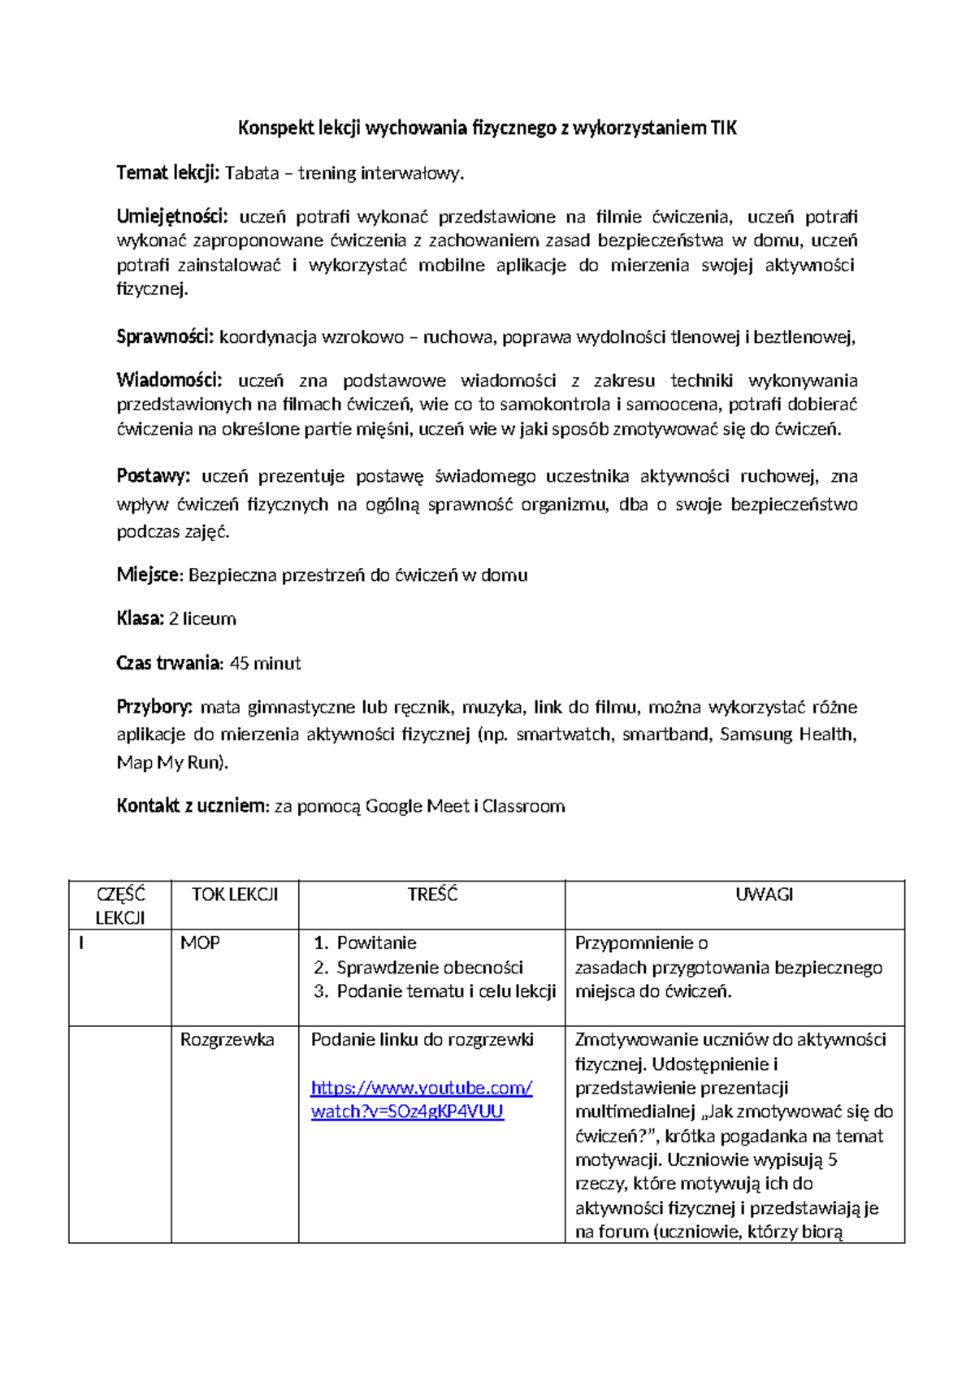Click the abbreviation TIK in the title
(723, 128)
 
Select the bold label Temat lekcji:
(167, 172)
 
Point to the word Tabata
(251, 173)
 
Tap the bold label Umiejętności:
(172, 217)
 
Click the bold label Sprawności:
(165, 336)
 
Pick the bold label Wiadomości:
(169, 380)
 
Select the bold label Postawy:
(153, 476)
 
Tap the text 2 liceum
(202, 619)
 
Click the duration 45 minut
(265, 663)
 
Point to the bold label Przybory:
(154, 707)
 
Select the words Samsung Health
(786, 734)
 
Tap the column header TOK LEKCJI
(234, 895)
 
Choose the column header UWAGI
(764, 895)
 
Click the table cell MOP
(200, 943)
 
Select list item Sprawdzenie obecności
(430, 968)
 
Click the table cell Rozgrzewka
(227, 1040)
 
